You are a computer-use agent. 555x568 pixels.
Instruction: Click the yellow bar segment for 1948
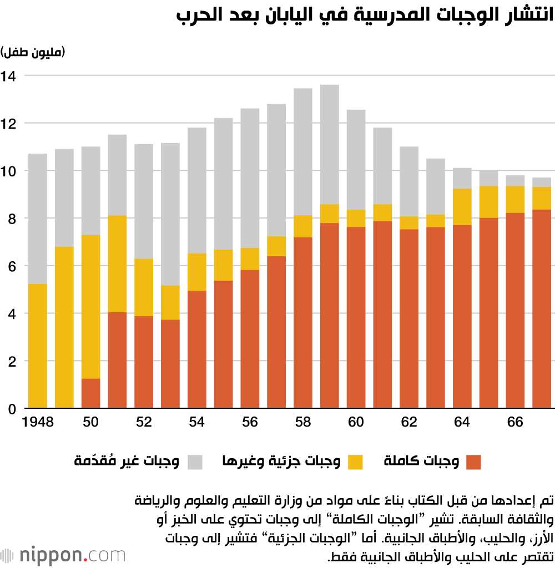pyautogui.click(x=38, y=346)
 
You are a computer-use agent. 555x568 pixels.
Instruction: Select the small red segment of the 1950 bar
pyautogui.click(x=91, y=393)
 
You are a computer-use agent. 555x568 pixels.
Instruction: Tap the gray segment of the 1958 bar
pyautogui.click(x=303, y=151)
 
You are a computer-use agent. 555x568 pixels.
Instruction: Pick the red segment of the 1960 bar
pyautogui.click(x=356, y=317)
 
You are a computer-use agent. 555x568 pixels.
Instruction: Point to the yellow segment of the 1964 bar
pyautogui.click(x=462, y=206)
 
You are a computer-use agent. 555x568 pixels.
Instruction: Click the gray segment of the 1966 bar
pyautogui.click(x=515, y=180)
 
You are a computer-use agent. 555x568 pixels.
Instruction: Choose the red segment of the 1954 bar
pyautogui.click(x=197, y=349)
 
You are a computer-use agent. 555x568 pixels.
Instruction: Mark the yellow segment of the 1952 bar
pyautogui.click(x=144, y=287)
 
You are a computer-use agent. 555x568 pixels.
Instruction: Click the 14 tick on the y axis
pyautogui.click(x=10, y=75)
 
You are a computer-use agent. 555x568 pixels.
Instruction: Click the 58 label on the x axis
pyautogui.click(x=303, y=423)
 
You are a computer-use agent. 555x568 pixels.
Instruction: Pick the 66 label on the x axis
pyautogui.click(x=515, y=423)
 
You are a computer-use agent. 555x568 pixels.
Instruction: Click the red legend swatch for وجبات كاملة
pyautogui.click(x=473, y=462)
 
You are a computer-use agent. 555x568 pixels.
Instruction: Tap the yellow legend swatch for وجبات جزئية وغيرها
pyautogui.click(x=355, y=462)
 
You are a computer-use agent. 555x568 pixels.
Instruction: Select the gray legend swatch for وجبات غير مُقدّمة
pyautogui.click(x=195, y=462)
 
